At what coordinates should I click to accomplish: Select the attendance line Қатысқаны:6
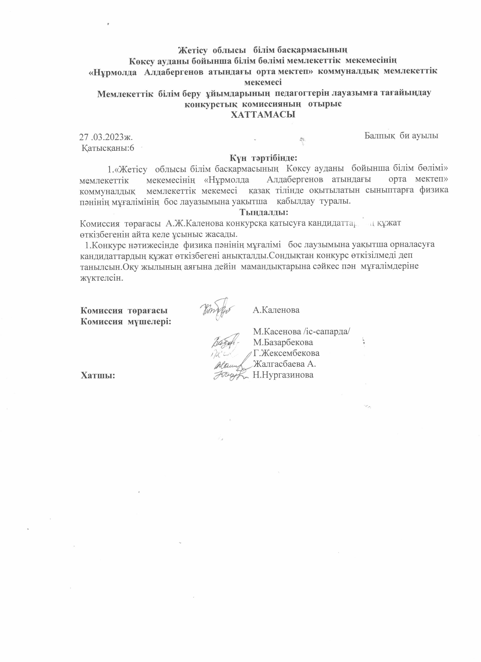(108, 148)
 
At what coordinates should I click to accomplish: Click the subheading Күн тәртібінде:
(263, 158)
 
